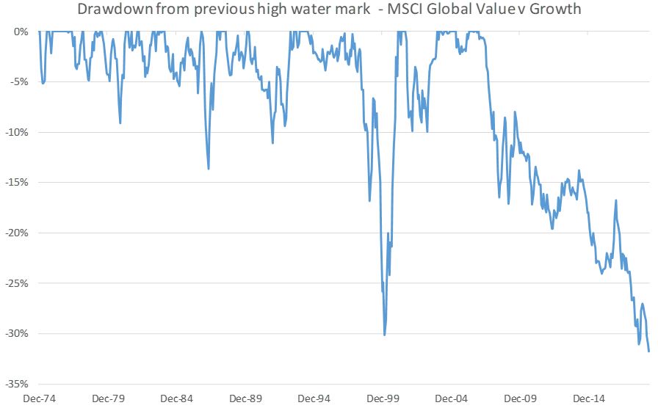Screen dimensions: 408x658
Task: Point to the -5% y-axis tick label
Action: (x=18, y=82)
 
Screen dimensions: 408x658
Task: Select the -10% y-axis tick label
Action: (x=16, y=133)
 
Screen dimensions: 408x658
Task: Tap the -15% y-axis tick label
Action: (x=16, y=183)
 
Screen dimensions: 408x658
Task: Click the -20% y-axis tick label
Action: (x=16, y=233)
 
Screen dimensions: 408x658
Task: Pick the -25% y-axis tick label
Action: (x=16, y=283)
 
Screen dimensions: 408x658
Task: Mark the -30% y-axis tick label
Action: (x=16, y=334)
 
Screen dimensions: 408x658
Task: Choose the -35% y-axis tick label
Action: (x=16, y=384)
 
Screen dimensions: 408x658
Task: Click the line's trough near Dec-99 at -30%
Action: (x=385, y=335)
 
